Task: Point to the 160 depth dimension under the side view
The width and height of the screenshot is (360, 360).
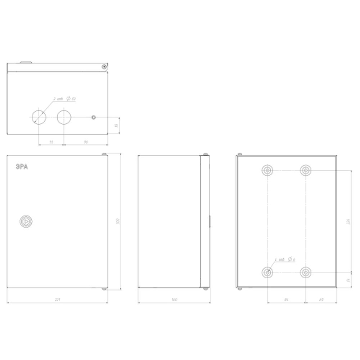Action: (x=174, y=300)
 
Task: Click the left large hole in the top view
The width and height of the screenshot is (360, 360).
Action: (x=39, y=117)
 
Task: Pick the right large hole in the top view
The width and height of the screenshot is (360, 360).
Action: (x=64, y=117)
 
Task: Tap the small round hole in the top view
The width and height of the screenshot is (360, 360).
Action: (x=94, y=117)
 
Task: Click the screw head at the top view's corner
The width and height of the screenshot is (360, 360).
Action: (x=104, y=67)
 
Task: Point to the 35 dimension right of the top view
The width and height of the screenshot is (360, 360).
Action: (x=116, y=125)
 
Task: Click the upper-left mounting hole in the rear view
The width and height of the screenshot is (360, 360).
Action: (x=267, y=170)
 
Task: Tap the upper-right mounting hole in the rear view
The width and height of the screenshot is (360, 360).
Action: (x=305, y=170)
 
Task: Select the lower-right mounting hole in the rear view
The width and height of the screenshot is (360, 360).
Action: (x=305, y=273)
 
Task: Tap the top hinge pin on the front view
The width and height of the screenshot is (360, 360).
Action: (x=104, y=155)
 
